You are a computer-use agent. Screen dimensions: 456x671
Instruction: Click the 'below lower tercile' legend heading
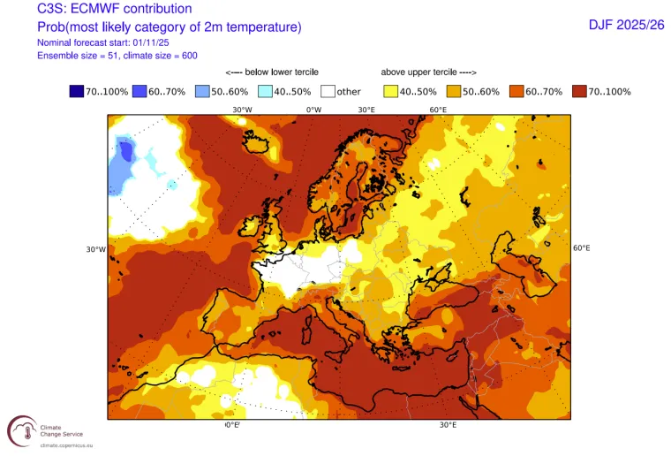(x=272, y=72)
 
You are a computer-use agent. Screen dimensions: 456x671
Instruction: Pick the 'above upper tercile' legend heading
(x=429, y=72)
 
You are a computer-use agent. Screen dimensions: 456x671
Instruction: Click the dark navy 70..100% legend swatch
(x=78, y=91)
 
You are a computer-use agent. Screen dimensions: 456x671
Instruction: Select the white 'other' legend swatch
(x=328, y=91)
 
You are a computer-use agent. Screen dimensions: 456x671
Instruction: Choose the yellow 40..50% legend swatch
(x=390, y=91)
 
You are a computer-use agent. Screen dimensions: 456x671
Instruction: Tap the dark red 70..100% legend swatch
(x=579, y=91)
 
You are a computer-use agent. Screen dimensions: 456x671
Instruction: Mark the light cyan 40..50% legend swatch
(x=265, y=91)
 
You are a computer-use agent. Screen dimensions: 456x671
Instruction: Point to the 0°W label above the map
(x=313, y=110)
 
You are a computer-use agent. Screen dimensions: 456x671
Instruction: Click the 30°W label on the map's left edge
(x=96, y=249)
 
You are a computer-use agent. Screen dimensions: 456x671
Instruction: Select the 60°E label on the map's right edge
(x=582, y=248)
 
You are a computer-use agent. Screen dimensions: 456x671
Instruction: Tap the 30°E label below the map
(x=448, y=425)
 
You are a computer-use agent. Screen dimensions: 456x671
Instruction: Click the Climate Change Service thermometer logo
(x=22, y=432)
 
